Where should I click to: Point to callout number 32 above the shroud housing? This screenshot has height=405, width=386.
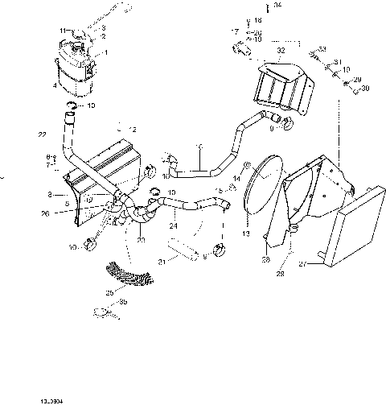pyautogui.click(x=281, y=50)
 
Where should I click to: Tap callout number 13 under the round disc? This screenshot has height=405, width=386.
pyautogui.click(x=247, y=233)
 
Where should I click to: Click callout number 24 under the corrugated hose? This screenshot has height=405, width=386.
pyautogui.click(x=173, y=226)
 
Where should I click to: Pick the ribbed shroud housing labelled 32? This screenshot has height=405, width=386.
pyautogui.click(x=282, y=89)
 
